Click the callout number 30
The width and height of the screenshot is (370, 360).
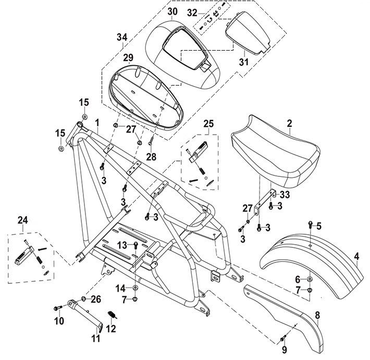173,11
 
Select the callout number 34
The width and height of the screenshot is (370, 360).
121,37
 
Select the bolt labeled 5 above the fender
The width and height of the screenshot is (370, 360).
311,225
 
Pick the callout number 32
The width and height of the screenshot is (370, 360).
192,11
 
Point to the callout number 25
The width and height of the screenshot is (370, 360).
208,124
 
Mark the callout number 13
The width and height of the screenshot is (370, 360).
121,245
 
